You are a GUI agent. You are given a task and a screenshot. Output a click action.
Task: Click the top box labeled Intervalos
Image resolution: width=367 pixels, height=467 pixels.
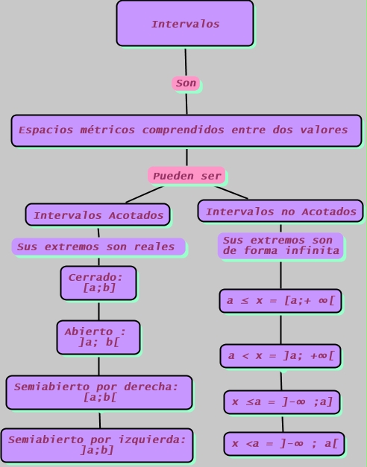[185, 24]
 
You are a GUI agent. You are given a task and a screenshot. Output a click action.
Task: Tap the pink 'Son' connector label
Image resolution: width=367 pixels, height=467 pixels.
[186, 83]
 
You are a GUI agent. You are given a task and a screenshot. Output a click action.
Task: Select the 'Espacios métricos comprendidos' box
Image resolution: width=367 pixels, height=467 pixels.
[186, 130]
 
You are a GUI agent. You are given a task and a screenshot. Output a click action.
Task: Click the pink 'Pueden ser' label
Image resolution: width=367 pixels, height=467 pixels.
[186, 176]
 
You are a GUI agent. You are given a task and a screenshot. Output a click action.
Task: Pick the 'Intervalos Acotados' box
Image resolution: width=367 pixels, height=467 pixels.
[98, 215]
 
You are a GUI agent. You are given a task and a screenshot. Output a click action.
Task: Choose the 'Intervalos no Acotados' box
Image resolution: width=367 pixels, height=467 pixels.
[280, 212]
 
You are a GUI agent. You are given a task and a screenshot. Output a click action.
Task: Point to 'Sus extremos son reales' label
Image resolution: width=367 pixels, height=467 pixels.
[98, 247]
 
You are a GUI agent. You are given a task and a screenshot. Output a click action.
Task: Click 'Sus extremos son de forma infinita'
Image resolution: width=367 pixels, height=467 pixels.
[280, 246]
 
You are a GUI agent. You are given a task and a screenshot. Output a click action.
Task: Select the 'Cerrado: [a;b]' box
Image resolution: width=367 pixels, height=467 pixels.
[98, 283]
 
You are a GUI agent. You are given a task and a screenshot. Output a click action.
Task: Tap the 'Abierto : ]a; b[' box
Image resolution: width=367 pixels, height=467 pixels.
[98, 337]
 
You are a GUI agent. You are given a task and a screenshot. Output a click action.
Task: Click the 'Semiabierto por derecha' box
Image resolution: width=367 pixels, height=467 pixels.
[98, 393]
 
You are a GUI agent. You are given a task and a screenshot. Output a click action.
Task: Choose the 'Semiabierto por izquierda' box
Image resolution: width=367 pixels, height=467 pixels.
[97, 445]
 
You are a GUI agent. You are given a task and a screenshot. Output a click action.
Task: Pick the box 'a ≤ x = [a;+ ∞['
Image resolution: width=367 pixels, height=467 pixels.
[280, 301]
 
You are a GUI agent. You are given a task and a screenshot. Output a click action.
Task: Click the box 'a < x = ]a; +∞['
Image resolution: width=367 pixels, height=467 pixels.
[280, 356]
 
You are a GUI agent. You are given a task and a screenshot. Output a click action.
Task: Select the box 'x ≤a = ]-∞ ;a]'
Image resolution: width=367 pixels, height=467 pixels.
[282, 402]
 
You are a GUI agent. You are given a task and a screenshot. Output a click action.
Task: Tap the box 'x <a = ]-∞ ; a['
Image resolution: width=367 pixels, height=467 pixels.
[283, 444]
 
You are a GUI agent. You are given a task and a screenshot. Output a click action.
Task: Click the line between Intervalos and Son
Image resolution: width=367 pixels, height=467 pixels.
[186, 61]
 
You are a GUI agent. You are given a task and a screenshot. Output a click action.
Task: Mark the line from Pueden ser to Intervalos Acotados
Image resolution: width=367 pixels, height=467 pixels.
[144, 194]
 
